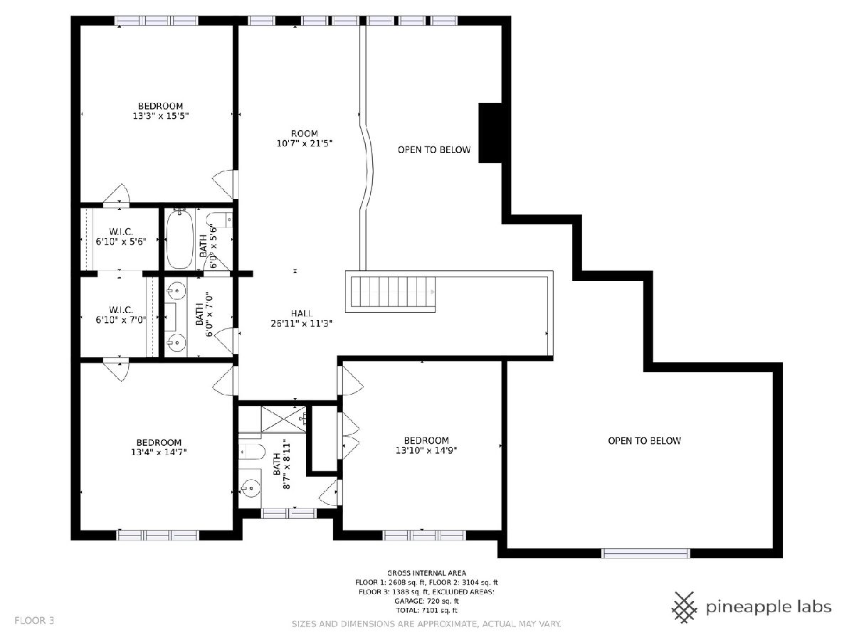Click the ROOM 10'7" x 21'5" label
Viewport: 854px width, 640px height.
click(x=305, y=139)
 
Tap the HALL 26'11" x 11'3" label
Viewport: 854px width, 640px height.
click(x=302, y=319)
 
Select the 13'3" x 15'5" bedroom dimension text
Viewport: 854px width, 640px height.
click(x=161, y=116)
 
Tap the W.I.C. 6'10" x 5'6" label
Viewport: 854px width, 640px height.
click(x=121, y=237)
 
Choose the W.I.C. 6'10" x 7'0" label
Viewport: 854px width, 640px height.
click(x=121, y=315)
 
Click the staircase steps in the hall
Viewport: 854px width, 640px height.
click(x=393, y=292)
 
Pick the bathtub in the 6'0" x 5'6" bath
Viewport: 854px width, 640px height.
click(x=180, y=239)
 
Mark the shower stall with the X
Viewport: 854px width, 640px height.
click(x=284, y=419)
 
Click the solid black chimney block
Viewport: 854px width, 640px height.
click(x=490, y=133)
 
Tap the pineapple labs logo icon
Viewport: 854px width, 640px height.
click(x=685, y=607)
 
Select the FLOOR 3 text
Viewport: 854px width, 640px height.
click(x=34, y=621)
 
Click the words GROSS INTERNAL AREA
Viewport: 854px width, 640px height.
click(x=426, y=573)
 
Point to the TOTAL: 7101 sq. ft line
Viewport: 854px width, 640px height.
click(x=426, y=610)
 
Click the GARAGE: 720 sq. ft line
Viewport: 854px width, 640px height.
click(x=426, y=601)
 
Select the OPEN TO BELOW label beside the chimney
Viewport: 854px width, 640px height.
click(x=434, y=149)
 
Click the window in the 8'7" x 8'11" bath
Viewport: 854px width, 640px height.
click(x=288, y=513)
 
